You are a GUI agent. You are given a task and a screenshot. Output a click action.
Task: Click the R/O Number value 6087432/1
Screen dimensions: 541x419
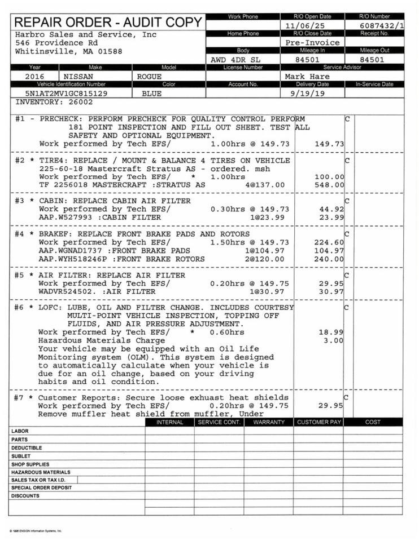click(382, 26)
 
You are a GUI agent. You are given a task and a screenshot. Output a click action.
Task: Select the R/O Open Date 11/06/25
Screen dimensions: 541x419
click(305, 26)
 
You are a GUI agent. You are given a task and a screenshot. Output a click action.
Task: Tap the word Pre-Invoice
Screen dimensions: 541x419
click(312, 42)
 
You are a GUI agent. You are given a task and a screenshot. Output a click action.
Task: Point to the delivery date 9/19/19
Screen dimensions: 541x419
click(307, 93)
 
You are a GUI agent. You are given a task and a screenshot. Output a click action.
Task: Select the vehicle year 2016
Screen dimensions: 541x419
click(36, 76)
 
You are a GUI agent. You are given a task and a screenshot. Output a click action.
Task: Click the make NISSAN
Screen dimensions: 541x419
click(79, 76)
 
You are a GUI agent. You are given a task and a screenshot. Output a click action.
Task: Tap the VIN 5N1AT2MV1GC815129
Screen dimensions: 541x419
click(66, 94)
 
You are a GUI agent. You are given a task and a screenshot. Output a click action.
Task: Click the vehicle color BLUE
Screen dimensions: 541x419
click(151, 94)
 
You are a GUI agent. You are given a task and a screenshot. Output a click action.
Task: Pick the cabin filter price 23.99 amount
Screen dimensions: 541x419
click(331, 218)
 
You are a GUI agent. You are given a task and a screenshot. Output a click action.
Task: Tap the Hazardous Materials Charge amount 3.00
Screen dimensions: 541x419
click(334, 340)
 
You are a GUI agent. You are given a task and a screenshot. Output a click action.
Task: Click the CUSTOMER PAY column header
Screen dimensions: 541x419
click(319, 422)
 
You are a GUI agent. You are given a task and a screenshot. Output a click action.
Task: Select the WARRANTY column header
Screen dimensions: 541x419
click(269, 422)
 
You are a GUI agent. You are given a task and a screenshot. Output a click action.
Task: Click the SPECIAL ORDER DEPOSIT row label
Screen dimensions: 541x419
click(41, 487)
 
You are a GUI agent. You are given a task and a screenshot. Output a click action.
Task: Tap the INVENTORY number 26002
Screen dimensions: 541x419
click(79, 103)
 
